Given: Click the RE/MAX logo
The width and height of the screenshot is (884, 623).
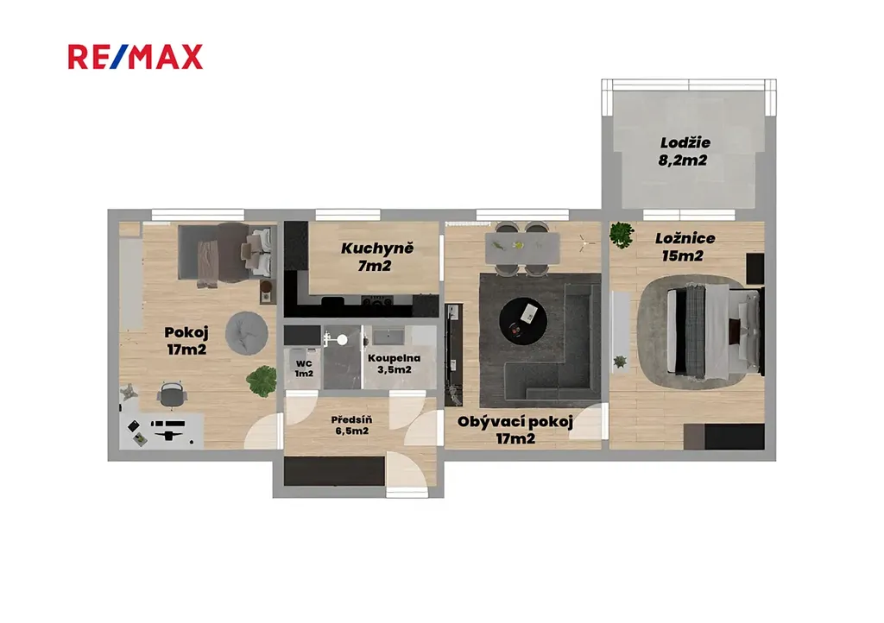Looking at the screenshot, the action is [x=136, y=57].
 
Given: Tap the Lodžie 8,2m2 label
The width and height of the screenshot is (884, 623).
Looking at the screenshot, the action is [x=684, y=152].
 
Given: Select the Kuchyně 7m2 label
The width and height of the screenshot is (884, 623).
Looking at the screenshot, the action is [x=376, y=257].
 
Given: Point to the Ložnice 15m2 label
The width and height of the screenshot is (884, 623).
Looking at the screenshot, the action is [x=684, y=247].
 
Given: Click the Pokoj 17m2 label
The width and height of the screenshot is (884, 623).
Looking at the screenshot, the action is [x=186, y=341].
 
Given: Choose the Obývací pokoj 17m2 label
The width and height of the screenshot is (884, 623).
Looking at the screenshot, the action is [x=515, y=430].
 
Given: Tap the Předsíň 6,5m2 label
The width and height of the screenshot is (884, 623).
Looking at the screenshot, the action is [x=351, y=425].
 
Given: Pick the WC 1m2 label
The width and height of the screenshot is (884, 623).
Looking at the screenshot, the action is [x=304, y=369].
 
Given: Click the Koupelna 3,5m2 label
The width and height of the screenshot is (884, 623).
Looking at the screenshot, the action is [x=394, y=364].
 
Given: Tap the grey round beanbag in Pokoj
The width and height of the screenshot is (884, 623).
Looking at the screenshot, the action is [x=247, y=333].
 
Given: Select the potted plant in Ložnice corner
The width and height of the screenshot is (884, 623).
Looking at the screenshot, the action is [x=622, y=235].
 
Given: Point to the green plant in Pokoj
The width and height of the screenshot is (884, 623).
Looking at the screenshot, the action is [x=261, y=381].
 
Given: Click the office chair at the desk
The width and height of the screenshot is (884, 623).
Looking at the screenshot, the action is [x=172, y=393].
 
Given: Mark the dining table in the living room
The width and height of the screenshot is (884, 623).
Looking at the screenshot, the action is [x=522, y=249].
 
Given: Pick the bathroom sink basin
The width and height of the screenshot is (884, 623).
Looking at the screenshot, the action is [x=388, y=337].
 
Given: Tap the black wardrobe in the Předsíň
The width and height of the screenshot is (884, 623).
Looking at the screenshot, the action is [x=334, y=471].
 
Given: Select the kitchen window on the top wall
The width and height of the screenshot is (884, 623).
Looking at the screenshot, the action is [x=348, y=215].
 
